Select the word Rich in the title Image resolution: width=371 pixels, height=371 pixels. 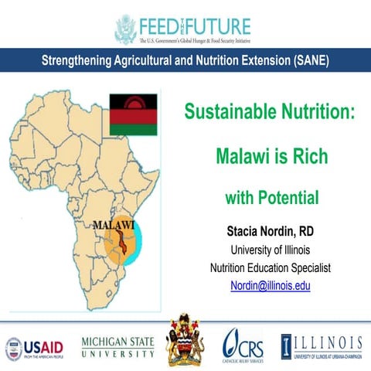(307, 156)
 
